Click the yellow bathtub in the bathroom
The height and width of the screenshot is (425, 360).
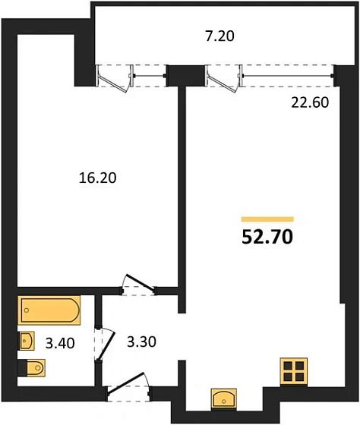click(48, 310)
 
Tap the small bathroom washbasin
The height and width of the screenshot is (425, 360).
click(27, 339)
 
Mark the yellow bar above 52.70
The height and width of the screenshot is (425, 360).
click(267, 219)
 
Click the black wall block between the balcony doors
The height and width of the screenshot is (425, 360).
click(180, 75)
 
